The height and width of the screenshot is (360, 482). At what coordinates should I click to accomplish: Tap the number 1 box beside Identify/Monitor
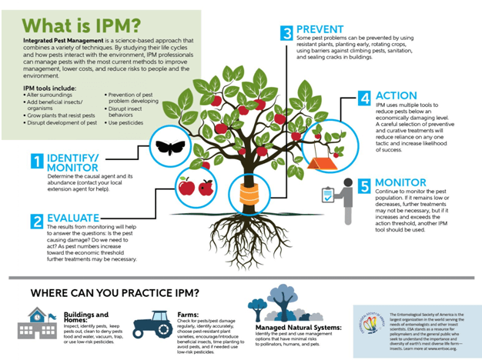pos(35,160)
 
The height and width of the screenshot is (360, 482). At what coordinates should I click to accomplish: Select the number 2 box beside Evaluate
pos(35,222)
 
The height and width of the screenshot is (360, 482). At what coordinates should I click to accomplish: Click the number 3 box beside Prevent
pos(286,32)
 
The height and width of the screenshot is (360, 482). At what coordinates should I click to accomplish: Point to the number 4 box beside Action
pos(364,98)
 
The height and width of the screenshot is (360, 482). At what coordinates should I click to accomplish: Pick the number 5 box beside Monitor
pos(365,185)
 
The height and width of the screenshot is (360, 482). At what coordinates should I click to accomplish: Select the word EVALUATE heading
pos(78,218)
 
